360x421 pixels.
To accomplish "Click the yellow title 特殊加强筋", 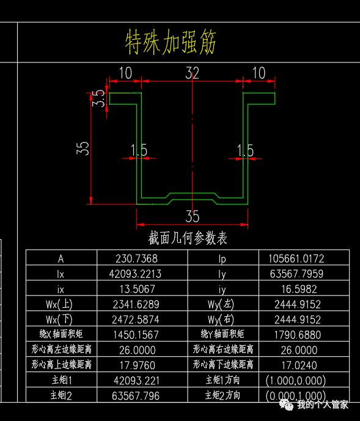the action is [171, 42].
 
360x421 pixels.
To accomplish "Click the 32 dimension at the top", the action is [192, 73].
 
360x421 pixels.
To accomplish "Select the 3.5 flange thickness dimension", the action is [98, 99].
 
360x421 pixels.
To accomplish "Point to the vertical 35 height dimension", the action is [83, 149].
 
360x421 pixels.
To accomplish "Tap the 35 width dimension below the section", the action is [192, 217].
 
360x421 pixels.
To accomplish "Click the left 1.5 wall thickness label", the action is [139, 150].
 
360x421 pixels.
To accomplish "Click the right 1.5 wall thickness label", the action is [245, 151].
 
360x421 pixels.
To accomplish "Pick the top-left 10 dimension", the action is [125, 73].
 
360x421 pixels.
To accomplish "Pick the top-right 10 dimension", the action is [259, 73].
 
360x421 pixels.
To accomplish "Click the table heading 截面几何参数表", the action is [188, 238].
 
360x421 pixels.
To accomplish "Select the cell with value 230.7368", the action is [136, 259].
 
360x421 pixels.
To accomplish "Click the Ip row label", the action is [222, 259].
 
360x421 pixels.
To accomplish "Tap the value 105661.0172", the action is [296, 259].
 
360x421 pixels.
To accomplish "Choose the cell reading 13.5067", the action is [138, 289].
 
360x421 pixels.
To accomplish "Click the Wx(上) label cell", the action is [59, 305].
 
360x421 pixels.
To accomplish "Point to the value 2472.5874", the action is [136, 319].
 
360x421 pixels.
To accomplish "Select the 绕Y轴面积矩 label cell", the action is [222, 334].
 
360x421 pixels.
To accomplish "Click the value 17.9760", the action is [138, 365].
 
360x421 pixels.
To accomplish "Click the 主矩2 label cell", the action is [61, 395].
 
